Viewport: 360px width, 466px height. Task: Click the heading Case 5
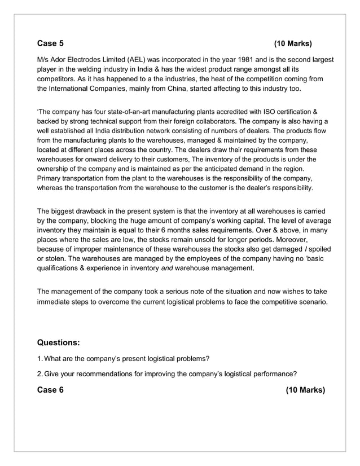tap(50, 43)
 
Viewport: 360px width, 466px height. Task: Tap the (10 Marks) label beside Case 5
tap(292, 43)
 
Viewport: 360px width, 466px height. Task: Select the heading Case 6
tap(50, 390)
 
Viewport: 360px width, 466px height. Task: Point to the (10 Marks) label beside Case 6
tap(305, 390)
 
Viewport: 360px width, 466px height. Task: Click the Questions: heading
tap(58, 342)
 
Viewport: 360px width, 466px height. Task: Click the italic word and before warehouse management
tap(166, 269)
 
